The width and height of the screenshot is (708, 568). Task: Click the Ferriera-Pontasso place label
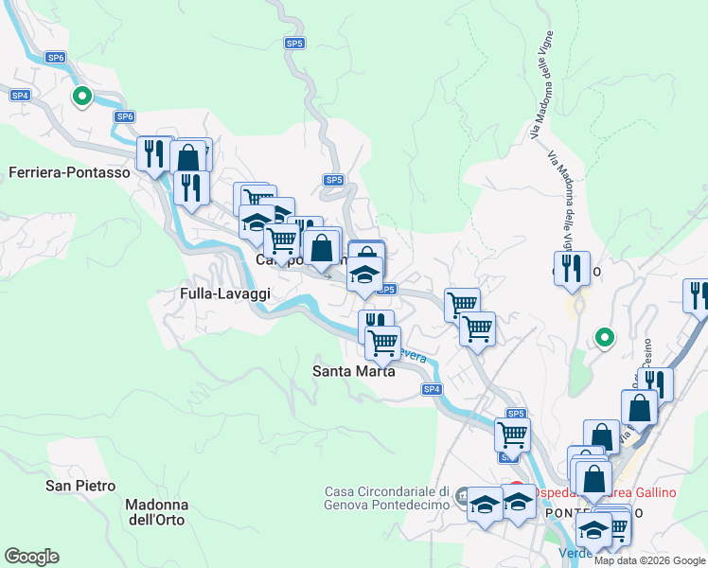(68, 172)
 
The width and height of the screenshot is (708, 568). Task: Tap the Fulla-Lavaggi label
(225, 294)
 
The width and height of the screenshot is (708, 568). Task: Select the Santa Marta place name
(354, 371)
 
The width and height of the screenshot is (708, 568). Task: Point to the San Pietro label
(80, 486)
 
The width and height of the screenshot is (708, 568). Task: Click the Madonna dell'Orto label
(157, 512)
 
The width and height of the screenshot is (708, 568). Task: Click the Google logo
(31, 557)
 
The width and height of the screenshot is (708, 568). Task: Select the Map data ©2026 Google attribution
(649, 560)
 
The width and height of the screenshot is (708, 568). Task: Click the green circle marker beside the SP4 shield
(82, 96)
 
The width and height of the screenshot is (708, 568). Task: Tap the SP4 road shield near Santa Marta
(432, 389)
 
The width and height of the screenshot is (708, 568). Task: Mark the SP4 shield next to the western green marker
(21, 96)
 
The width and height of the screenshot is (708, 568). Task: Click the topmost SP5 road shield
(294, 44)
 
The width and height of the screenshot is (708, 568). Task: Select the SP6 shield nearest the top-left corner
(56, 58)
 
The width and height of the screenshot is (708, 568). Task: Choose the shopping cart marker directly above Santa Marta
(383, 342)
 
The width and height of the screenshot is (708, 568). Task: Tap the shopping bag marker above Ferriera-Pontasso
(188, 157)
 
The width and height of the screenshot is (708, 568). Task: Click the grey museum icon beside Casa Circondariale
(462, 495)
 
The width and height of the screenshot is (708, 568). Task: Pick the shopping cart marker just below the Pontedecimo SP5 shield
(512, 435)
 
